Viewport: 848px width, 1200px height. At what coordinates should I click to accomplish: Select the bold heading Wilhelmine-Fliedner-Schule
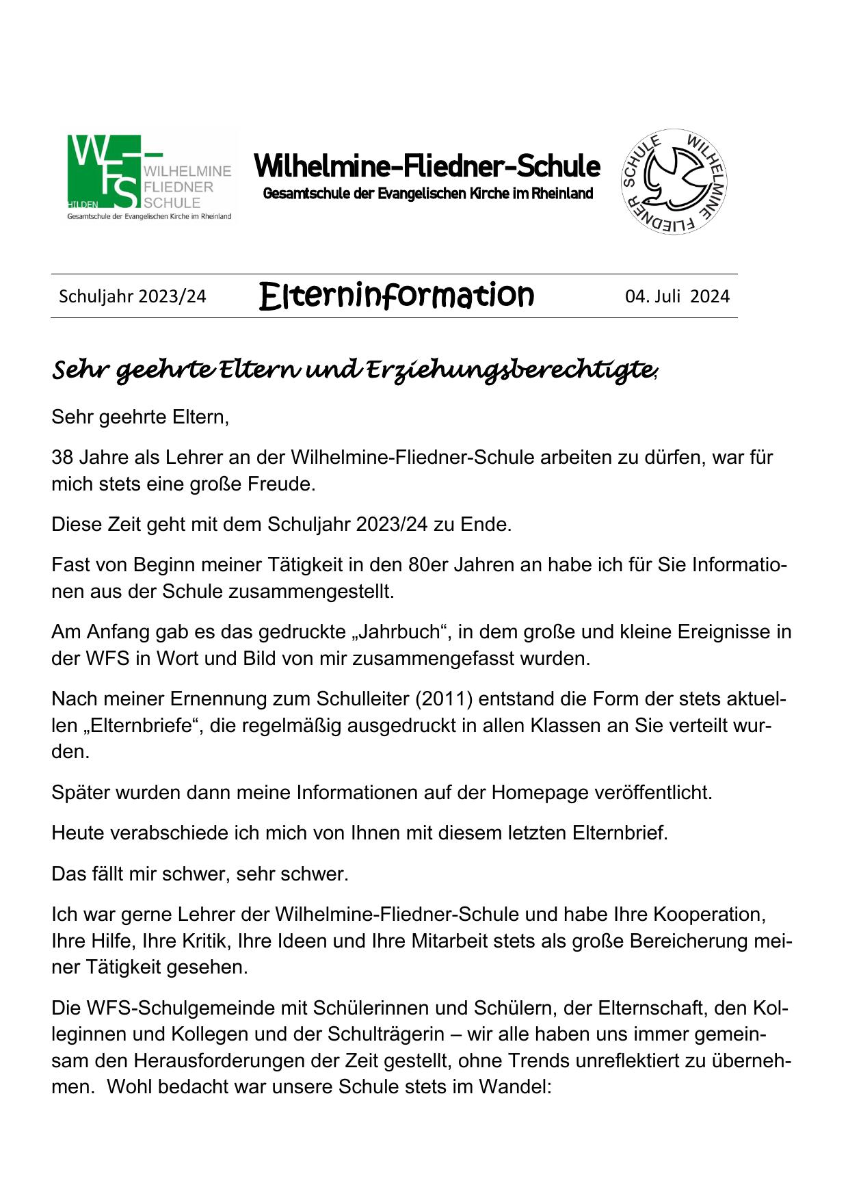click(x=427, y=166)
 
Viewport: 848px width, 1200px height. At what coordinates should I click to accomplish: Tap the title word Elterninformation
click(x=396, y=296)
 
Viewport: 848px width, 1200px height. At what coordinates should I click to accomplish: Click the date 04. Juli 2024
click(x=677, y=296)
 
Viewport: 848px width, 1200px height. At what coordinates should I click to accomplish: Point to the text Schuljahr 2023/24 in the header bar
click(x=132, y=296)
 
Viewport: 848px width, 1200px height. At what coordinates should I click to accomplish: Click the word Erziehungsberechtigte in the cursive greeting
click(x=509, y=370)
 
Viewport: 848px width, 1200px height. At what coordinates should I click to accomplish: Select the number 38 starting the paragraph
click(x=62, y=457)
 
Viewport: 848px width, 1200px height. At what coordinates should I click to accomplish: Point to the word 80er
click(x=427, y=565)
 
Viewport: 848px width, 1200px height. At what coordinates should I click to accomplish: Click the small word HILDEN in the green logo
click(x=83, y=205)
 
